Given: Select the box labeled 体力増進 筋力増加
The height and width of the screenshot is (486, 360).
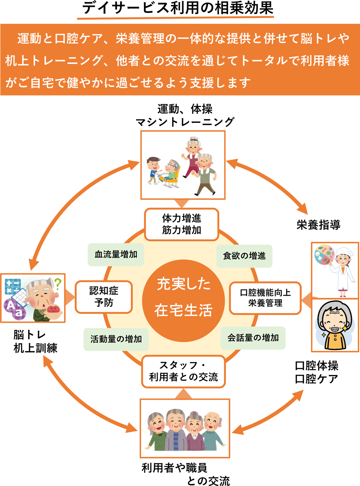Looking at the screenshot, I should (181, 224).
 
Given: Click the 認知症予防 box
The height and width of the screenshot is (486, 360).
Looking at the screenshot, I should (104, 297).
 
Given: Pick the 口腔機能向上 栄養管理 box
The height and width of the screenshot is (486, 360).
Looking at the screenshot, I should (265, 298).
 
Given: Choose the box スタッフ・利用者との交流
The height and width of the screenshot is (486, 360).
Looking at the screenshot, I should (183, 371).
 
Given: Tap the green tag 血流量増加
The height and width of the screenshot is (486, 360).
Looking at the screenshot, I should (116, 255).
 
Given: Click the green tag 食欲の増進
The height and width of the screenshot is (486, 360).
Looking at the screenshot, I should (244, 256).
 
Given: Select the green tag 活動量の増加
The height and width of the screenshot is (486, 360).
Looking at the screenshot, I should (116, 339).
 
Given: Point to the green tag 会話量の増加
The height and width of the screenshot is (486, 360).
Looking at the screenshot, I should (253, 338).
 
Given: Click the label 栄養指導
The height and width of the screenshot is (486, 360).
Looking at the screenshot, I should (318, 225).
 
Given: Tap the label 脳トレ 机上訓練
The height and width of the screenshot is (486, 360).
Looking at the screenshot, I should (35, 341).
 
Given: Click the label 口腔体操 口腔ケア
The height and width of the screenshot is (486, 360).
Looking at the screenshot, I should (316, 372).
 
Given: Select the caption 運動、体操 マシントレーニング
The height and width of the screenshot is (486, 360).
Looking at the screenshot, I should (185, 115).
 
